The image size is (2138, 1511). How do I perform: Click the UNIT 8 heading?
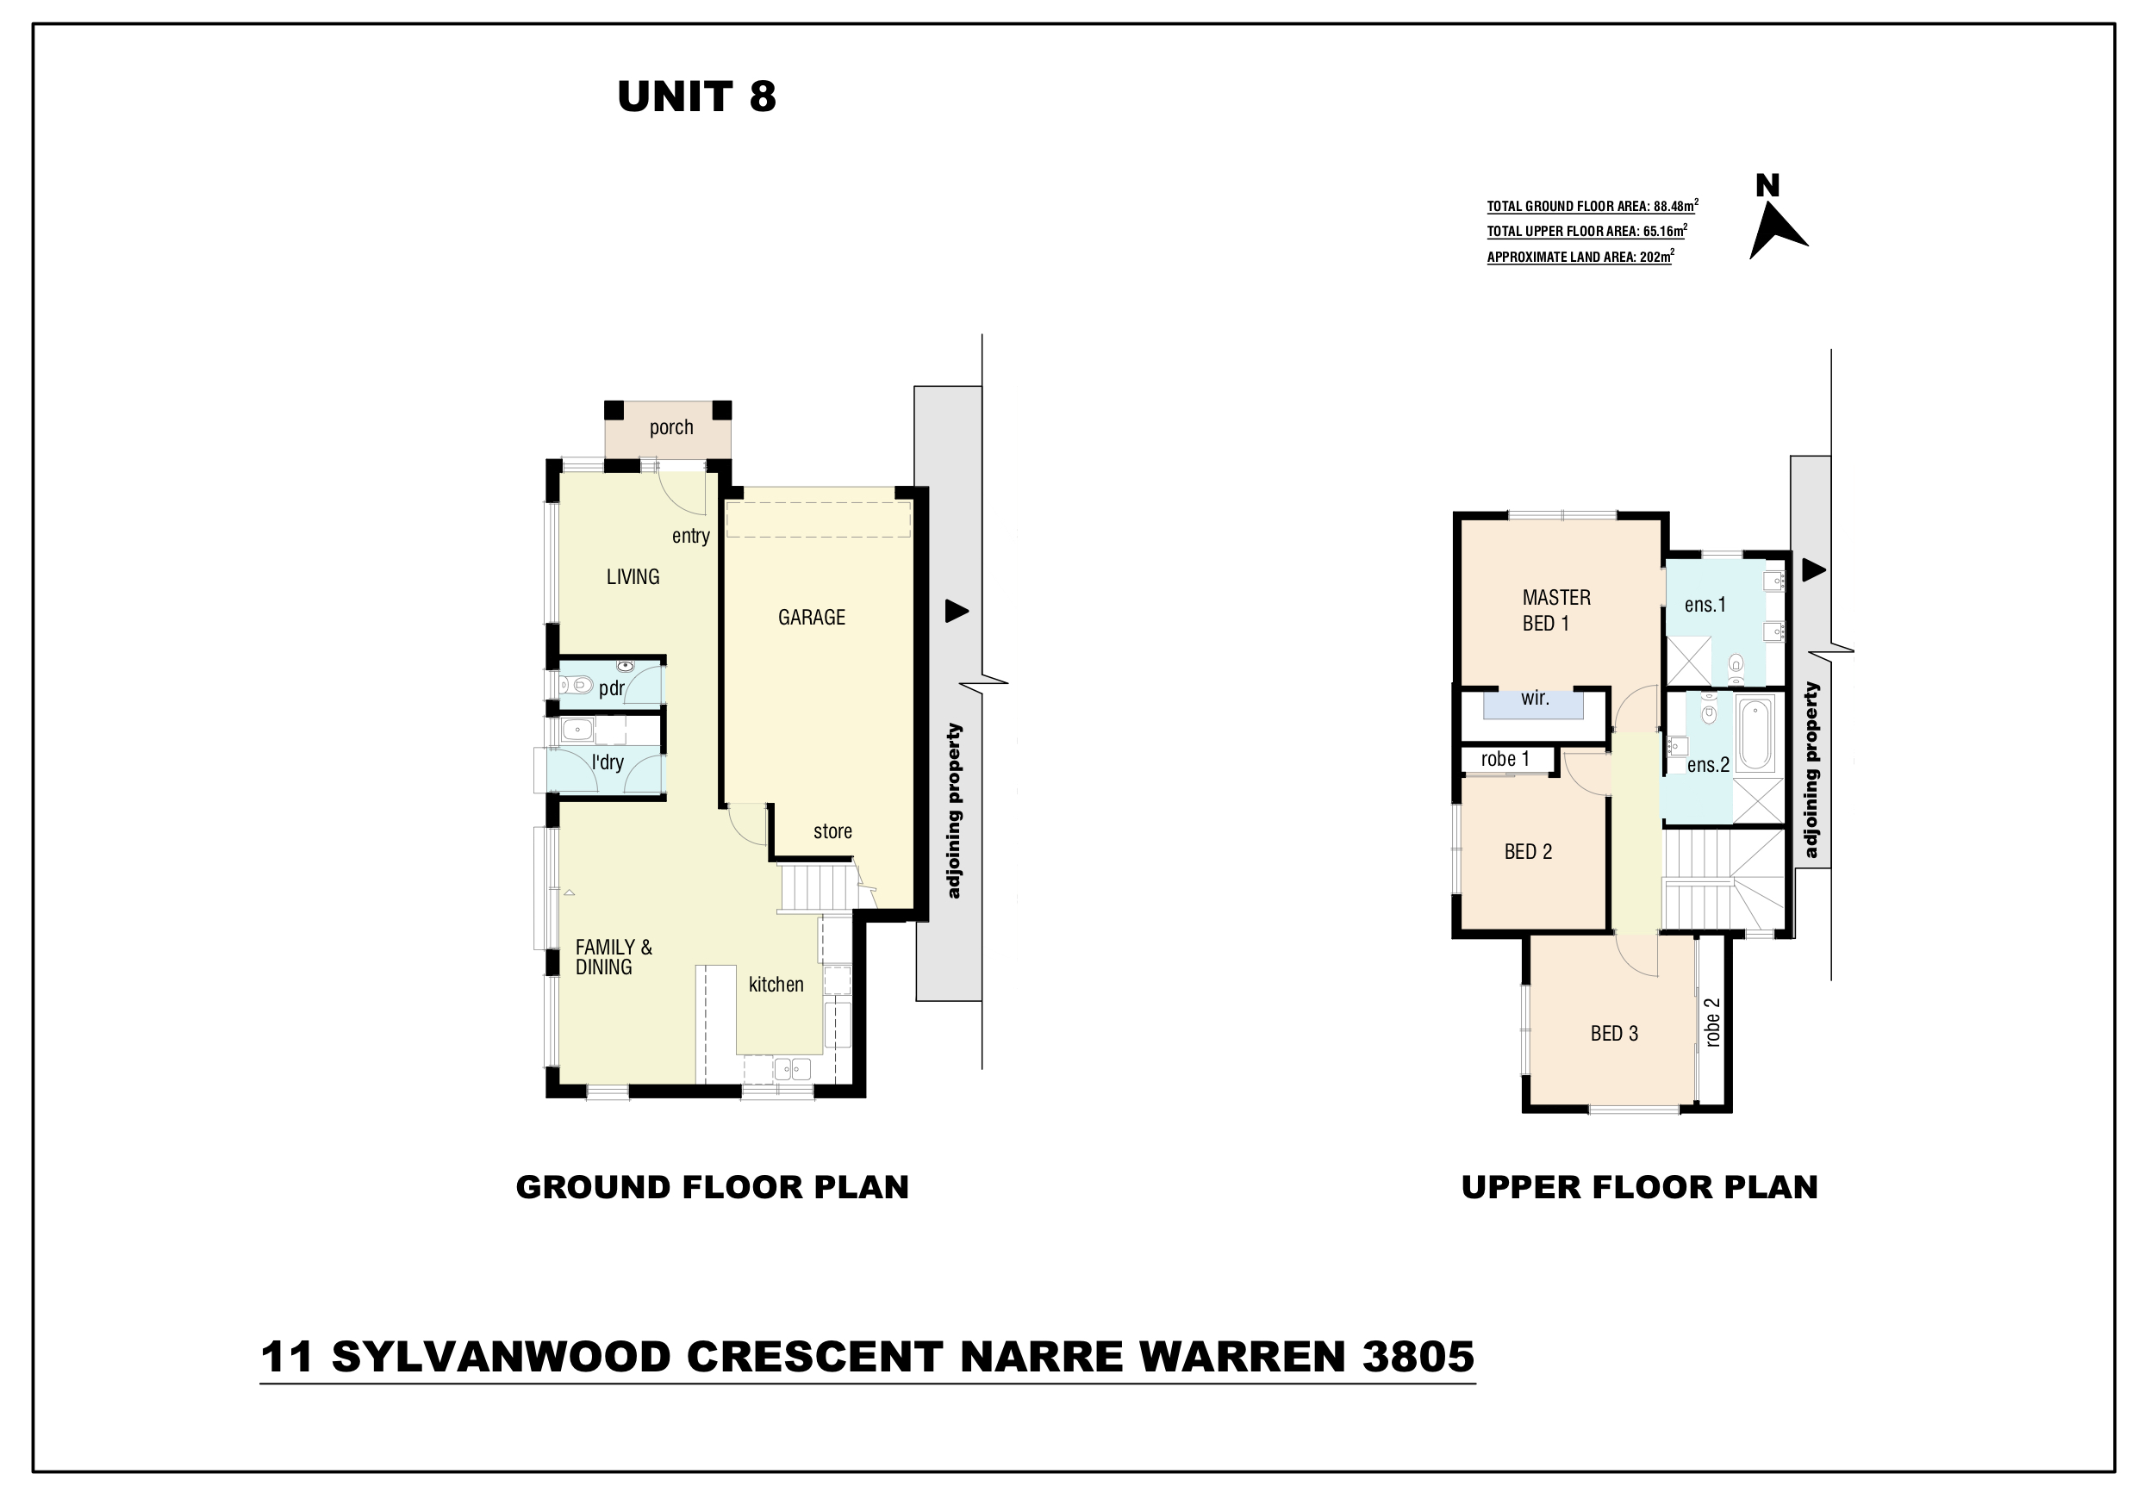(696, 96)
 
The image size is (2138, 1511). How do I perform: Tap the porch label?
(671, 427)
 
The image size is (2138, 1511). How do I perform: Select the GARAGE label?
(811, 618)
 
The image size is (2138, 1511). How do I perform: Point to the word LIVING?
(633, 577)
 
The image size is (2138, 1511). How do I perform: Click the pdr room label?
(612, 689)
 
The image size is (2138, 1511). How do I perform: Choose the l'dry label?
(608, 762)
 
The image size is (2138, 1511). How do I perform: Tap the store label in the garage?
(832, 831)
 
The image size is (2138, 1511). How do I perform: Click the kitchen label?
(776, 984)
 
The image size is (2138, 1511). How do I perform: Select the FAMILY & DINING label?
(614, 957)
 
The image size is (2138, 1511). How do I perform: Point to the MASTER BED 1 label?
(1556, 611)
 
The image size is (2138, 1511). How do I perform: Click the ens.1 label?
(1705, 605)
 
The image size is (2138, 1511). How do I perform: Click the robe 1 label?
(1505, 759)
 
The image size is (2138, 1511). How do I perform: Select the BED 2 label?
(1528, 852)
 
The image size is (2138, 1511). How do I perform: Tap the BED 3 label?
(1614, 1034)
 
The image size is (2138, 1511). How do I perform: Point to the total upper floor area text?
(1586, 231)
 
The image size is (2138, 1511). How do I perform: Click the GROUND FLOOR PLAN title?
(713, 1187)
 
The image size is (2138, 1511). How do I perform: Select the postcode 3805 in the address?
(1418, 1357)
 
